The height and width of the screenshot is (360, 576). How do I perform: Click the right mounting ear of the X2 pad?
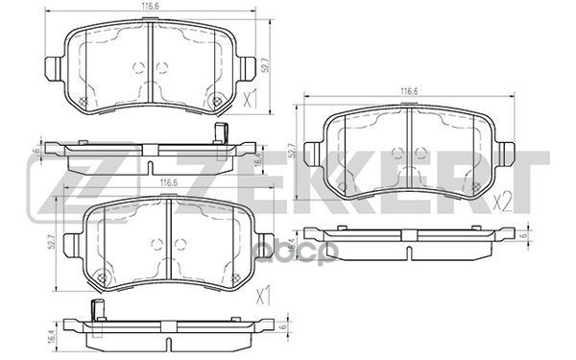click(x=509, y=153)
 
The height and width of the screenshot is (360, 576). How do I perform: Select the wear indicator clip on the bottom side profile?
click(x=96, y=309)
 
